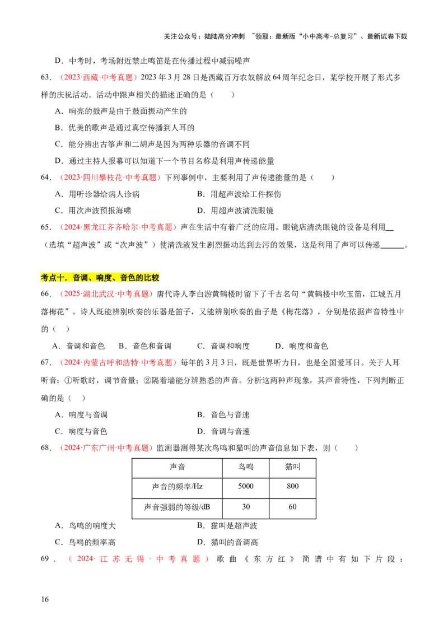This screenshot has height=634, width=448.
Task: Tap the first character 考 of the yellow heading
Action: click(45, 277)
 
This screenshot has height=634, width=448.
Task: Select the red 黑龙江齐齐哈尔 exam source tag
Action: click(118, 227)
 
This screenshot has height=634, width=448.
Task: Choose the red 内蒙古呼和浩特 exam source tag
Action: click(118, 362)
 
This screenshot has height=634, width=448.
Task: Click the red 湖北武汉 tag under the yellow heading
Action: click(105, 293)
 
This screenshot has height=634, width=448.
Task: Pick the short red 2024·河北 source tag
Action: click(98, 78)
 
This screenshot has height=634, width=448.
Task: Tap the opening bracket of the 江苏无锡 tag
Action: click(70, 558)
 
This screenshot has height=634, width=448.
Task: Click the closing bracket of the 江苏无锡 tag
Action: click(207, 558)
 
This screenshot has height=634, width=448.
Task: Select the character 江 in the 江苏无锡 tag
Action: click(102, 558)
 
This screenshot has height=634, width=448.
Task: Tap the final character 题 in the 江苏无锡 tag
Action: click(197, 558)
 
